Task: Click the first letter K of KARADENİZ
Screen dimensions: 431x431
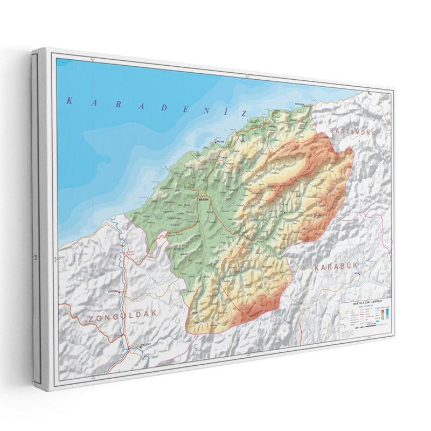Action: click(68, 99)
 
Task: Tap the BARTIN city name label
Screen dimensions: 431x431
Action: click(203, 199)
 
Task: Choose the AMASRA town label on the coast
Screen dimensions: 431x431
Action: click(220, 142)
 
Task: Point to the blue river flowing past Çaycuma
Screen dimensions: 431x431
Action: click(123, 280)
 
